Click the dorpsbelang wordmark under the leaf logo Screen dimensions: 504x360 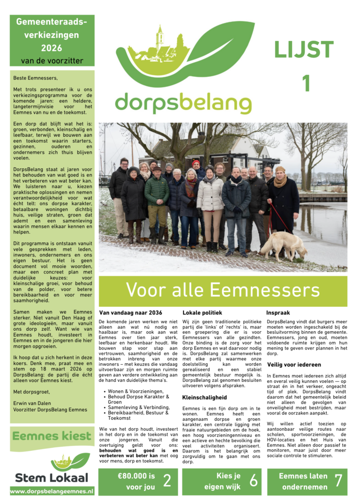pos(183,102)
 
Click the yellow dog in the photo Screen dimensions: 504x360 pos(284,245)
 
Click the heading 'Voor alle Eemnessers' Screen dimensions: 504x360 pos(223,290)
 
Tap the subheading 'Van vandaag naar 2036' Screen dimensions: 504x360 pos(131,313)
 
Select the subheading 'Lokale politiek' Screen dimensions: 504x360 pos(203,313)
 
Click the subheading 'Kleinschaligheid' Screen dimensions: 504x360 pos(205,397)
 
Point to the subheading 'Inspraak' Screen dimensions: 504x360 pos(278,313)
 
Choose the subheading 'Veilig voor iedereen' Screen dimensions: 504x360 pos(294,365)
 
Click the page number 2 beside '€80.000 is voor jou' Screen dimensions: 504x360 pos(167,481)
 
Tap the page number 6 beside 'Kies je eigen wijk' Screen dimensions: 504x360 pos(253,481)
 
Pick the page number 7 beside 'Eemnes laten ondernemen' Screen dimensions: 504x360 pos(338,481)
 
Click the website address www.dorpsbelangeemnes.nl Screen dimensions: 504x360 pos(52,491)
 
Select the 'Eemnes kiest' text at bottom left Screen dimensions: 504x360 pos(52,436)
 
